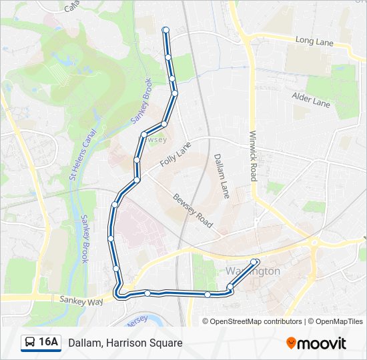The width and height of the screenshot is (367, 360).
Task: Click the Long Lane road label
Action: click(x=314, y=41)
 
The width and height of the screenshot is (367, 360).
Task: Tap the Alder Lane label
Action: click(x=311, y=100)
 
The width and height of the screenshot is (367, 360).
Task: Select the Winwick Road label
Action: click(x=253, y=155)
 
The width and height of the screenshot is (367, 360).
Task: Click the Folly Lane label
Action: click(x=175, y=155)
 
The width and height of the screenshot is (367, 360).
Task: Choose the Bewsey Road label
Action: click(x=192, y=211)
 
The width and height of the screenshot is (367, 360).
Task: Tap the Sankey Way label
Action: click(x=81, y=301)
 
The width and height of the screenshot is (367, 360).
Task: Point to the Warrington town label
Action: click(x=253, y=271)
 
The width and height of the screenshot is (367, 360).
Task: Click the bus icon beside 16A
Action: click(x=30, y=343)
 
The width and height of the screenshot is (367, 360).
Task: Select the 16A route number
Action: click(x=48, y=343)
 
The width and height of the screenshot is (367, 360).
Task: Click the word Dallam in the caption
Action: click(x=84, y=343)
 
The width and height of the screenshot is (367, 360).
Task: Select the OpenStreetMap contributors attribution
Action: click(x=252, y=321)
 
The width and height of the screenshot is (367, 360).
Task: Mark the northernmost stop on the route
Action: click(x=165, y=29)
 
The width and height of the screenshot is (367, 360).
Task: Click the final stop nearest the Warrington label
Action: click(x=256, y=261)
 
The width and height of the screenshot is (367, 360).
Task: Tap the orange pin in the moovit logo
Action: click(x=292, y=343)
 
